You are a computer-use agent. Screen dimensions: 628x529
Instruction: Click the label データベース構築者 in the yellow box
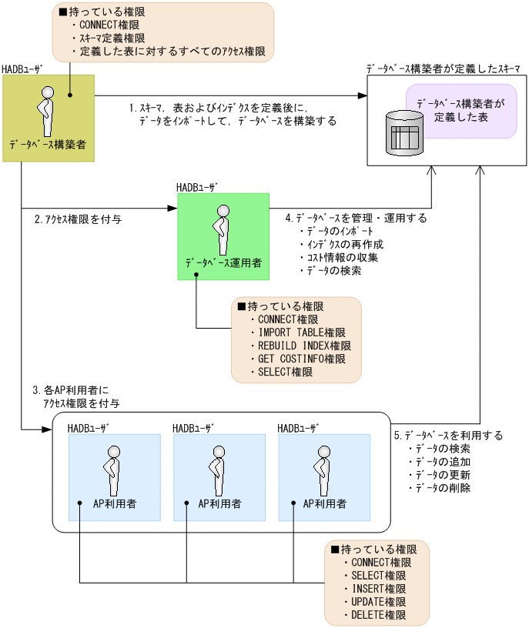pos(48,144)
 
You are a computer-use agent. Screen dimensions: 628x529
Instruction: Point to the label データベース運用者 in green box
pos(223,263)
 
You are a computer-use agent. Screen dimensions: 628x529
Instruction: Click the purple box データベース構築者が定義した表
pos(461,111)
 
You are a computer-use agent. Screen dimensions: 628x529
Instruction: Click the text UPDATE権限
pos(378,602)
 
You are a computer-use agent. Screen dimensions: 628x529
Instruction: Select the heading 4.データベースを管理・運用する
pos(356,219)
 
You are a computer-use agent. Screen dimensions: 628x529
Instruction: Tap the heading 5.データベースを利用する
pos(448,435)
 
